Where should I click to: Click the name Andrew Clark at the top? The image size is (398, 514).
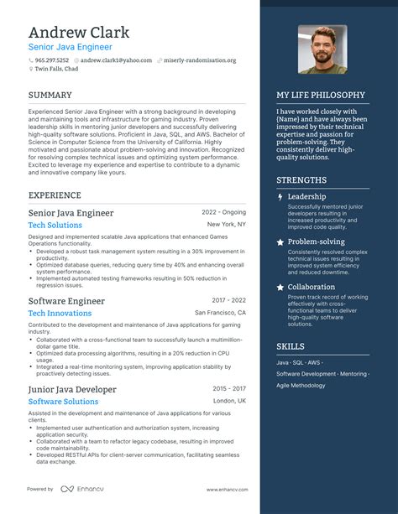click(79, 33)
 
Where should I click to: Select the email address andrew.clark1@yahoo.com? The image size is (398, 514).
click(116, 60)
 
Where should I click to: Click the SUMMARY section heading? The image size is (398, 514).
click(50, 96)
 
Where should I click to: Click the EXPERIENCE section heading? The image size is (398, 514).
click(55, 195)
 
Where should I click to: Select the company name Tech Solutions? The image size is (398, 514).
click(55, 226)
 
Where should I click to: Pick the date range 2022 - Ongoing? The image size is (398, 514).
click(224, 213)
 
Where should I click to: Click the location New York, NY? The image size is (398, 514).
click(227, 225)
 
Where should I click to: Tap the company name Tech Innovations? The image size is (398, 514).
click(60, 313)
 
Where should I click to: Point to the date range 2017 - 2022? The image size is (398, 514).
click(228, 300)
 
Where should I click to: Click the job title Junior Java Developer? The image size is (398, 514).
click(72, 389)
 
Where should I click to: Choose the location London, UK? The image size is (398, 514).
click(229, 401)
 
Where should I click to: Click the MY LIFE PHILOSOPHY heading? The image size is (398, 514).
click(321, 96)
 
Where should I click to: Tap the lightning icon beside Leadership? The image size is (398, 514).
click(280, 197)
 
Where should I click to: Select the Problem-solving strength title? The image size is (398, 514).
click(316, 241)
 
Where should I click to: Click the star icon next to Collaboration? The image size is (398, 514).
click(280, 287)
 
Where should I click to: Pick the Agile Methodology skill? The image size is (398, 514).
click(301, 386)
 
